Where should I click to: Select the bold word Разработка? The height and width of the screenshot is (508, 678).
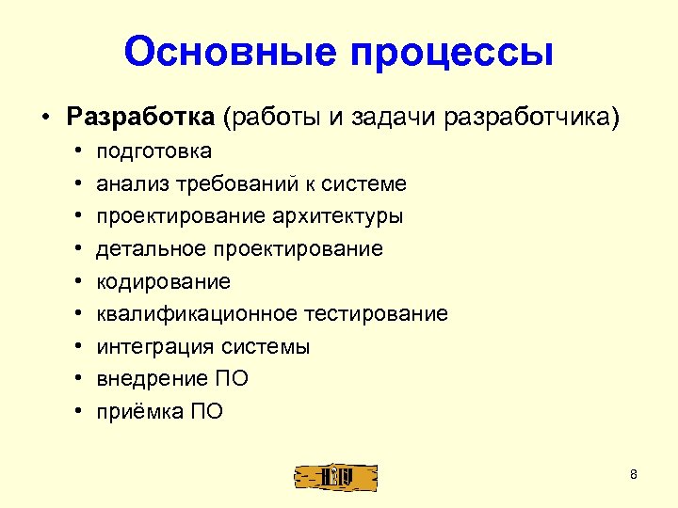pyautogui.click(x=140, y=117)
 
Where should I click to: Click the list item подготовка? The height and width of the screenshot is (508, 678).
pyautogui.click(x=153, y=151)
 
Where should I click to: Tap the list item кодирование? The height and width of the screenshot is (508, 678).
pyautogui.click(x=163, y=281)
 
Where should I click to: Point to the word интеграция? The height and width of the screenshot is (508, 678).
pyautogui.click(x=149, y=346)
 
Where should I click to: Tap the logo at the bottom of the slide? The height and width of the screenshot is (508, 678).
pyautogui.click(x=335, y=478)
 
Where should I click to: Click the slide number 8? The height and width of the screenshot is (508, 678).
pyautogui.click(x=634, y=474)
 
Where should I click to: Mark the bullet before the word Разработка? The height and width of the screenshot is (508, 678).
pyautogui.click(x=44, y=119)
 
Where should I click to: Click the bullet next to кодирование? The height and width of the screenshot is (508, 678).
pyautogui.click(x=76, y=281)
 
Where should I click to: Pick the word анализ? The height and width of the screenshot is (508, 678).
pyautogui.click(x=126, y=183)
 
